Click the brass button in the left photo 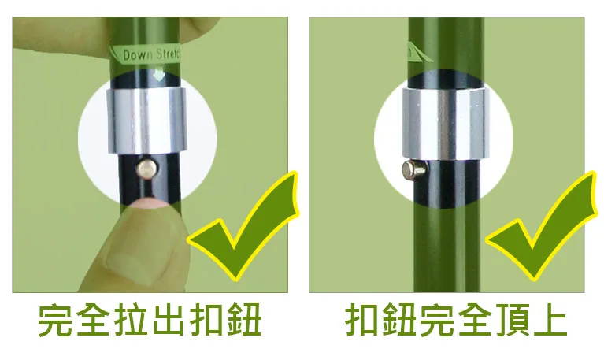146,166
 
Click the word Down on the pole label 137,56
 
